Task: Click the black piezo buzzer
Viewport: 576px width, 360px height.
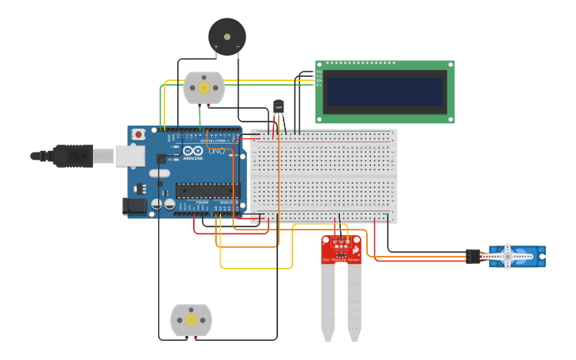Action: pyautogui.click(x=227, y=37)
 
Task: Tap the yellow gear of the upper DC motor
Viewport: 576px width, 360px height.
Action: pyautogui.click(x=204, y=87)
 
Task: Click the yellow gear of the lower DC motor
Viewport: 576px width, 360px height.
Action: pyautogui.click(x=191, y=320)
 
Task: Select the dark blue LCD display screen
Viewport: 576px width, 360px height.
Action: pyautogui.click(x=385, y=91)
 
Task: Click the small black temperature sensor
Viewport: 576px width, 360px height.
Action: pyautogui.click(x=278, y=106)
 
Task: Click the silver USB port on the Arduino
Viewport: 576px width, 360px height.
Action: pyautogui.click(x=130, y=156)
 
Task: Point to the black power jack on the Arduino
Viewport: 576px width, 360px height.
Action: pyautogui.click(x=136, y=206)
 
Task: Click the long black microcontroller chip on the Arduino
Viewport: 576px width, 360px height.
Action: pyautogui.click(x=207, y=191)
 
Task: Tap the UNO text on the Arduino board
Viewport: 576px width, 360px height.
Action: pyautogui.click(x=217, y=151)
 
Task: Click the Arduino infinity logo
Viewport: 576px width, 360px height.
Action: pyautogui.click(x=192, y=150)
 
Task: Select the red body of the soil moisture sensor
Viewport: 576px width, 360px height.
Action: pyautogui.click(x=341, y=250)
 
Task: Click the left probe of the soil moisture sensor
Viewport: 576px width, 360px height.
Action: pyautogui.click(x=328, y=302)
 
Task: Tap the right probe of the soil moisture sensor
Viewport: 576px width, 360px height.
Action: pyautogui.click(x=354, y=302)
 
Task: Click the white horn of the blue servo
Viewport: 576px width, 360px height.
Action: pyautogui.click(x=508, y=257)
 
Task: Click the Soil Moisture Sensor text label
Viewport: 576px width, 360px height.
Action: pyautogui.click(x=341, y=260)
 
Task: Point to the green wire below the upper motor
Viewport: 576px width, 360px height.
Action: pyautogui.click(x=199, y=116)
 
